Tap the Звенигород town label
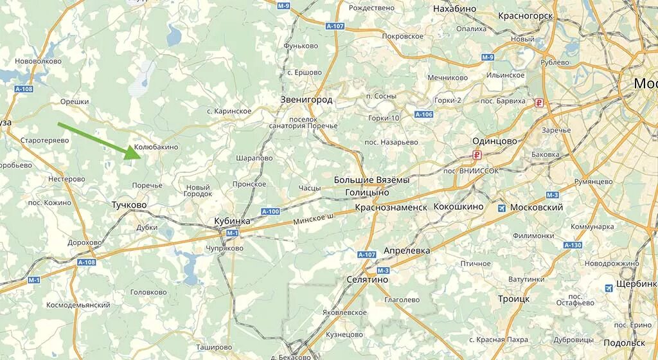[306, 100]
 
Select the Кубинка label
[231, 221]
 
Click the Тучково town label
[129, 205]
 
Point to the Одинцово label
[494, 141]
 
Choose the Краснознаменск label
[391, 208]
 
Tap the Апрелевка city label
[406, 250]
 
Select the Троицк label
[513, 299]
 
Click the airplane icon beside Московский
[501, 208]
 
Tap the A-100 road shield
[271, 212]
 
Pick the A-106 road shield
[423, 114]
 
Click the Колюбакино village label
[156, 147]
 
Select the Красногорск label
[526, 14]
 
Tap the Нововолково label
[38, 61]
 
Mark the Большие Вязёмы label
[371, 180]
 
